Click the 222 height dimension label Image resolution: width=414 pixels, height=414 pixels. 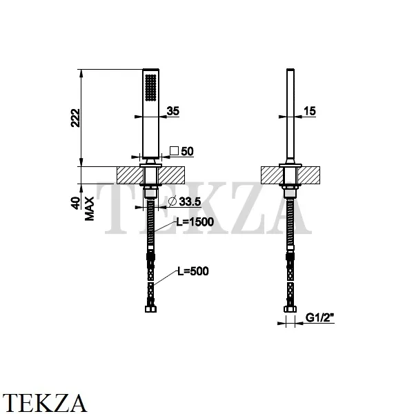(x=75, y=118)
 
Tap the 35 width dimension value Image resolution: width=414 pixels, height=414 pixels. (x=173, y=111)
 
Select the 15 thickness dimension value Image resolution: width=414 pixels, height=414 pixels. (x=309, y=111)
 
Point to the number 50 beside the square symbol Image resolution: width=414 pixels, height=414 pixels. (x=187, y=151)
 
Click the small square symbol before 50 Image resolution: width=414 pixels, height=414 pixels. (x=175, y=151)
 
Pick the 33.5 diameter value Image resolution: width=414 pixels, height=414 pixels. (x=190, y=201)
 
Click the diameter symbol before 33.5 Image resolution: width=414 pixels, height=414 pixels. (x=172, y=201)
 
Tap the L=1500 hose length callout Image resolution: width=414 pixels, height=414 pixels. (x=195, y=221)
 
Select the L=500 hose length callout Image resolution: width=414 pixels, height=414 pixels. (x=193, y=271)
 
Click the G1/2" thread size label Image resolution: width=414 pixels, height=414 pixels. (x=319, y=317)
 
